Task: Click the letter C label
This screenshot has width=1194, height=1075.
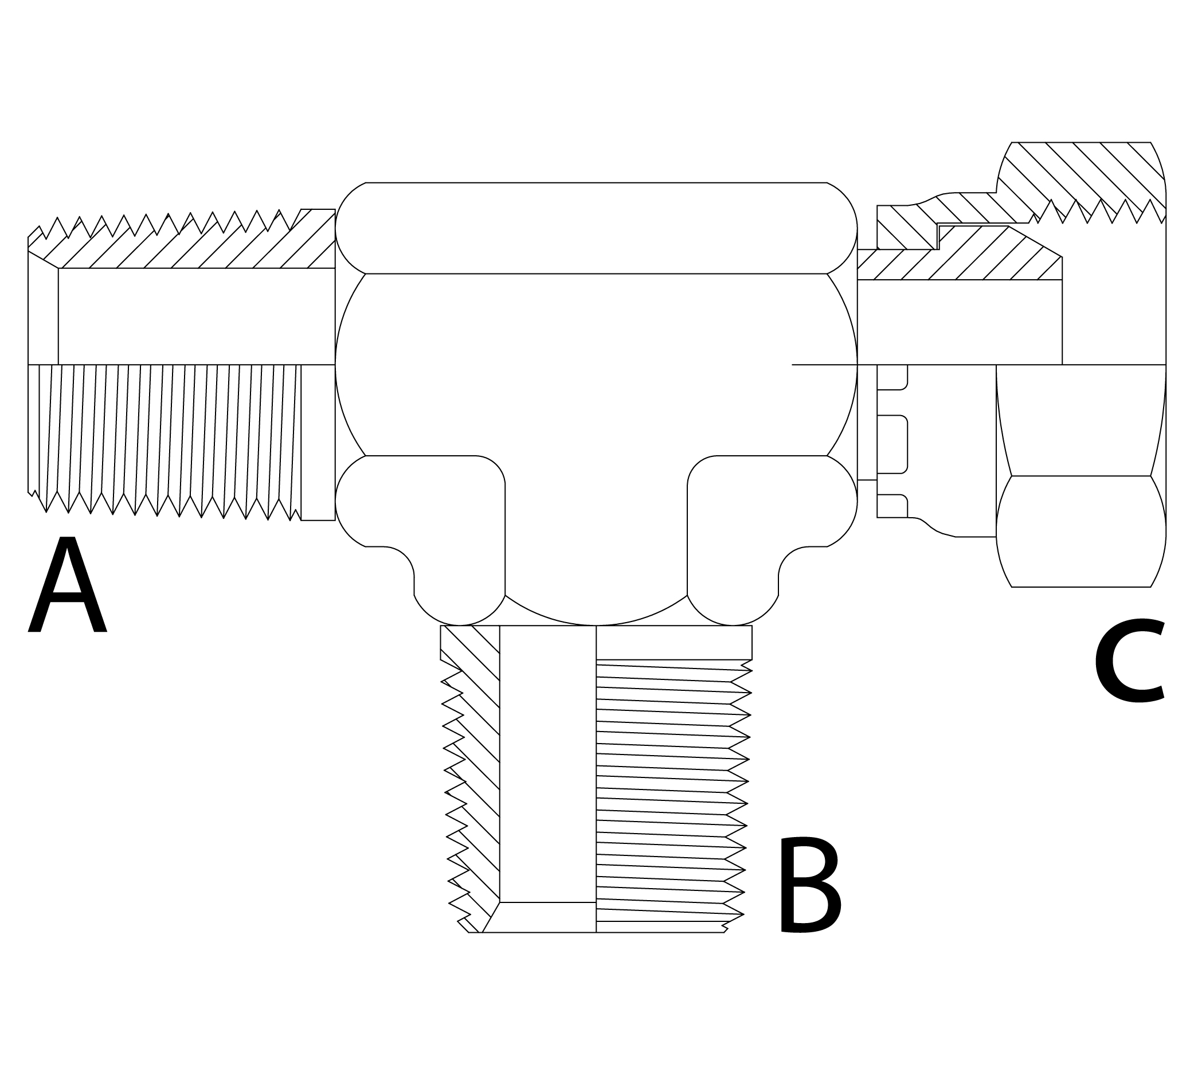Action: pyautogui.click(x=1129, y=662)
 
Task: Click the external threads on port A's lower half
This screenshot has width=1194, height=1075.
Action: pyautogui.click(x=165, y=437)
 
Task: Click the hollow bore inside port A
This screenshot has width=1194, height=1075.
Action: pyautogui.click(x=195, y=316)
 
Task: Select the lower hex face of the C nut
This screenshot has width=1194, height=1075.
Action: pyautogui.click(x=1081, y=531)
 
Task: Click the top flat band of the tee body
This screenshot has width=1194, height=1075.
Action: pyautogui.click(x=596, y=228)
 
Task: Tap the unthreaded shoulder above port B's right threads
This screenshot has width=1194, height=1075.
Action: pyautogui.click(x=673, y=642)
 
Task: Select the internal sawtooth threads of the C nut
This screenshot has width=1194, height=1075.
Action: pyautogui.click(x=1098, y=213)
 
